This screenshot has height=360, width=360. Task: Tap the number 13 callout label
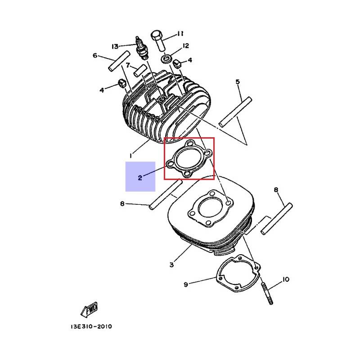[115, 46]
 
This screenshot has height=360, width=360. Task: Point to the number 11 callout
[180, 33]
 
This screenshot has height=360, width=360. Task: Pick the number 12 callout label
[185, 46]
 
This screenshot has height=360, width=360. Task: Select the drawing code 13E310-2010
[91, 327]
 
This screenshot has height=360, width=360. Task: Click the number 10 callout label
[285, 280]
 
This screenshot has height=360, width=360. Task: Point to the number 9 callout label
[185, 284]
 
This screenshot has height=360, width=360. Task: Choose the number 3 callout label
[171, 265]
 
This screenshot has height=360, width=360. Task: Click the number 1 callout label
[130, 155]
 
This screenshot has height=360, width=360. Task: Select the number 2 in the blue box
[140, 177]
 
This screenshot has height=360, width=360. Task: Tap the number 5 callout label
[238, 81]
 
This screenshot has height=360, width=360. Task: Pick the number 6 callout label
[95, 56]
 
